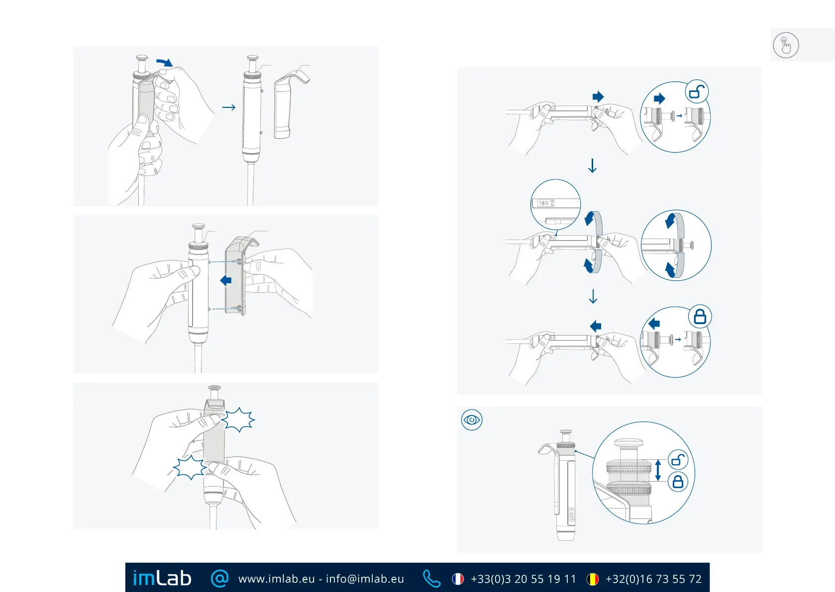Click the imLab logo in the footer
click(x=162, y=578)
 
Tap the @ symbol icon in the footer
click(x=219, y=578)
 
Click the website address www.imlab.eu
click(x=276, y=579)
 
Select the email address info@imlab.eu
click(x=365, y=579)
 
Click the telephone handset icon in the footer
click(x=431, y=579)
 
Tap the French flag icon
click(x=458, y=579)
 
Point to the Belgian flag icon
click(x=593, y=579)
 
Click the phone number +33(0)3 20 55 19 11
click(x=523, y=579)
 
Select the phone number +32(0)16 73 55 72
click(x=653, y=579)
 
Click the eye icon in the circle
click(x=472, y=420)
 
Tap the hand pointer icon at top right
click(x=786, y=45)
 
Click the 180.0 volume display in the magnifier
click(x=545, y=203)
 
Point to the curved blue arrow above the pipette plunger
click(x=164, y=62)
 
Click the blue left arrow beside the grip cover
click(x=226, y=280)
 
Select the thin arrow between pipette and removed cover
click(x=229, y=107)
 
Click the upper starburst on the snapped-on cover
click(x=238, y=420)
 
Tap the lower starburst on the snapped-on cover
click(x=190, y=467)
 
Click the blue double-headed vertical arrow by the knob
click(x=658, y=470)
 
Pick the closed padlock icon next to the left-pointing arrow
click(x=700, y=317)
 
